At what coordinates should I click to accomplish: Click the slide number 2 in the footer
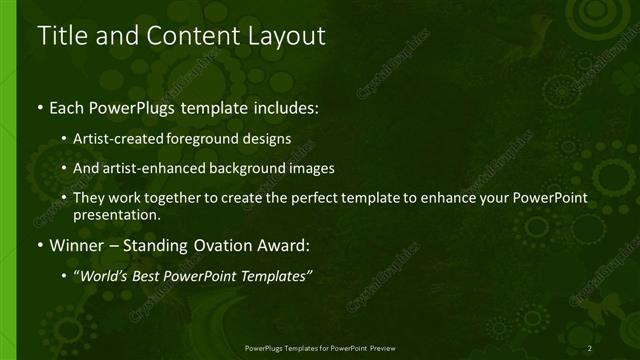pyautogui.click(x=590, y=348)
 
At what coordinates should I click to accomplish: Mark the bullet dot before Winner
pyautogui.click(x=39, y=245)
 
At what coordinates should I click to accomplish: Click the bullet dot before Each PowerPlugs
pyautogui.click(x=39, y=107)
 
